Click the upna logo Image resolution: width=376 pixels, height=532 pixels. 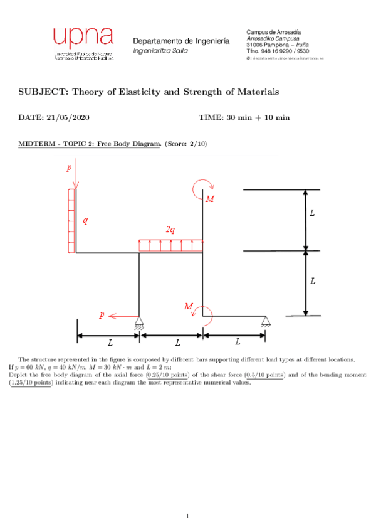pos(83,45)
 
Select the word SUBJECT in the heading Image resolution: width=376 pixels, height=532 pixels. pos(43,92)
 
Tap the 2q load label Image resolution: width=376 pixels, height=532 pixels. pos(170,230)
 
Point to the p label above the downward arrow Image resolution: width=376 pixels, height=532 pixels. pos(69,168)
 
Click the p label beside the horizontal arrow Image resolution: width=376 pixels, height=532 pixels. pos(102,314)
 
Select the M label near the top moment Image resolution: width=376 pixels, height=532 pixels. pos(210,199)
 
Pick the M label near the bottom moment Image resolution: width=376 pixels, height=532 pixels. pos(189,306)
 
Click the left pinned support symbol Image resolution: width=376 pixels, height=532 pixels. pos(139,324)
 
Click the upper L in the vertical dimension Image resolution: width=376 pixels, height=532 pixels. pos(312,214)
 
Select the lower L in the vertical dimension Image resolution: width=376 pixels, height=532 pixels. pos(312,282)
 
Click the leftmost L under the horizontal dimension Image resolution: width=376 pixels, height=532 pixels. pos(110,343)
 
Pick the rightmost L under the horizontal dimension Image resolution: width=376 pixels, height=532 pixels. pos(238,342)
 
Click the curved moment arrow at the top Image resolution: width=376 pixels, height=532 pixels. pos(205,186)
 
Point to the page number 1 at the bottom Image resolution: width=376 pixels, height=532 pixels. pos(187,516)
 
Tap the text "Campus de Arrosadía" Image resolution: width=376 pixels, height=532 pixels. pos(274,31)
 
